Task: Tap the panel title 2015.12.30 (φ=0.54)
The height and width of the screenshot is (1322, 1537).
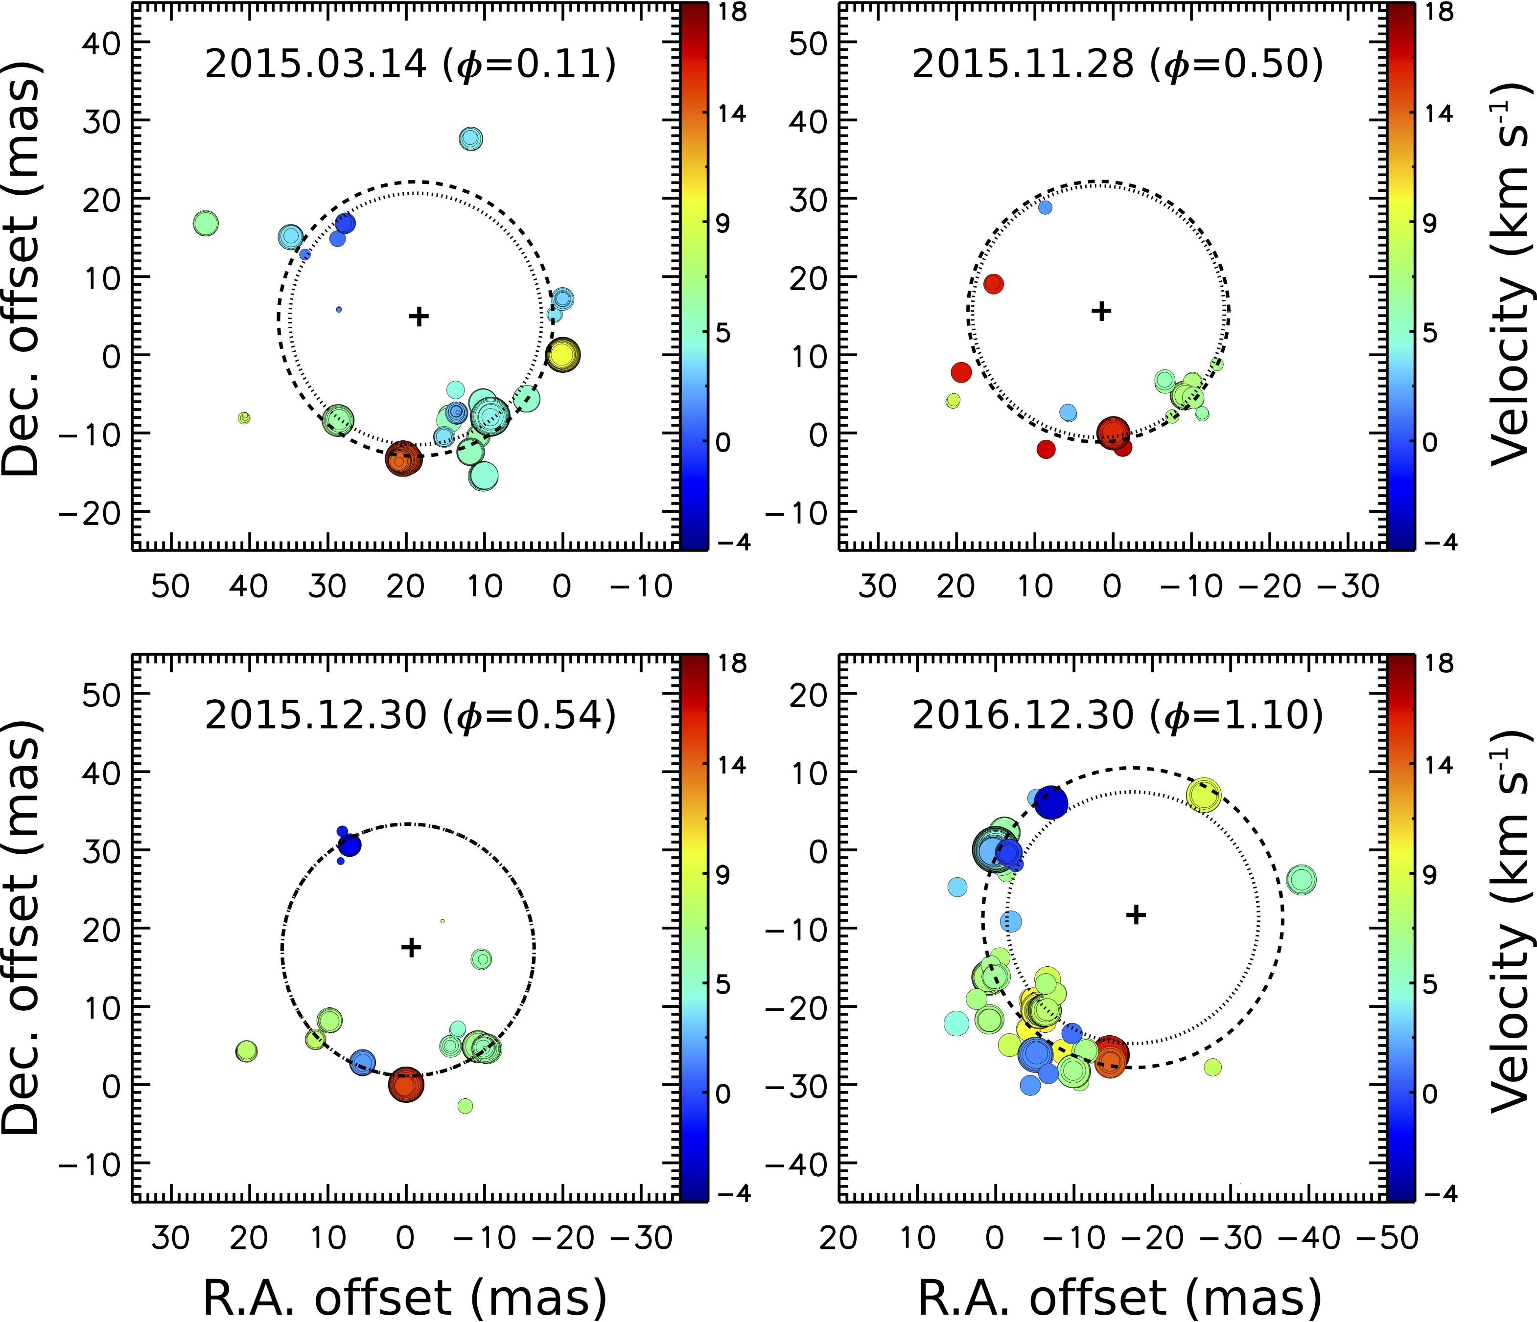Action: pos(410,715)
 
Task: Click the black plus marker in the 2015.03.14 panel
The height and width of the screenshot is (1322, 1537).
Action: pos(419,317)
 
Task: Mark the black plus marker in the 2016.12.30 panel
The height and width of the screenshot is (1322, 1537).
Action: pos(1136,915)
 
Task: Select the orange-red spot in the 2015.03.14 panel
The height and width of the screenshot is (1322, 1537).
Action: pos(403,458)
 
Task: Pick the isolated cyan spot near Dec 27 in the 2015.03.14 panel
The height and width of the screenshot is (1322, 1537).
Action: pos(471,138)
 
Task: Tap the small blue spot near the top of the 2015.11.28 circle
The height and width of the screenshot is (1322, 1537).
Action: pos(1045,207)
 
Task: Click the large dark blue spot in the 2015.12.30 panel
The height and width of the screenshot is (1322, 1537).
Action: pos(349,844)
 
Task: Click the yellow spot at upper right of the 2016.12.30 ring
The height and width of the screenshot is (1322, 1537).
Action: pos(1203,796)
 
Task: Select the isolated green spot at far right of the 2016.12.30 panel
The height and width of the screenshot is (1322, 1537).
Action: pos(1301,880)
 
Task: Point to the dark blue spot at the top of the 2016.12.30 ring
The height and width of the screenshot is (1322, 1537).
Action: pos(1051,802)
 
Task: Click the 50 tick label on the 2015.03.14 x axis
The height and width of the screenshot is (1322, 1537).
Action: pos(171,587)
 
